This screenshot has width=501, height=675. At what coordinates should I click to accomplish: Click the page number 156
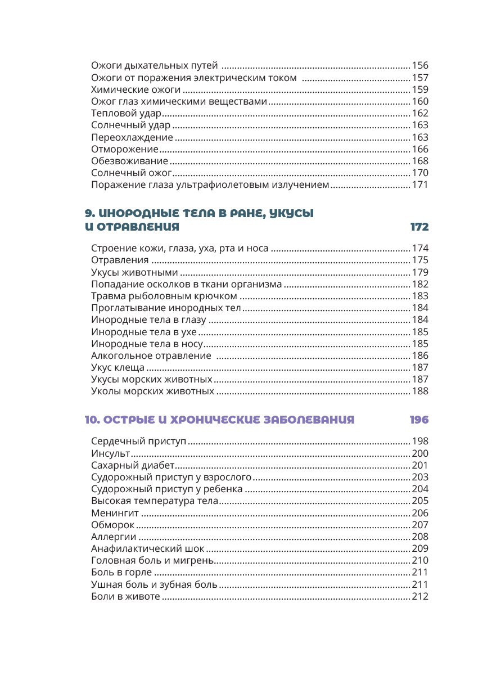point(420,66)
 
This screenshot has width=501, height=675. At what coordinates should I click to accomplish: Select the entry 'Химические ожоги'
point(136,90)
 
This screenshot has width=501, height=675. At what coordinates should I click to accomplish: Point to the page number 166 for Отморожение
point(420,150)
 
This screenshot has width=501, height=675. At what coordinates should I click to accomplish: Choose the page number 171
point(420,185)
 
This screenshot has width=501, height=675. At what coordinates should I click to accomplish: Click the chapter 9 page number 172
point(419,227)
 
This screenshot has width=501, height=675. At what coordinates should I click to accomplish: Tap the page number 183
point(420,296)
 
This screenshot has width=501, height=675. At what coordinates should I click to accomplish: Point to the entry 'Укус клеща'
point(118,368)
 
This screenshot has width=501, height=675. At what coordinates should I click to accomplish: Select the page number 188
point(420,391)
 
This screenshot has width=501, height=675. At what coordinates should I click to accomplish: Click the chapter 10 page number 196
point(419,420)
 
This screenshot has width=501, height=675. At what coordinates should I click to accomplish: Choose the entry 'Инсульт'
point(110,454)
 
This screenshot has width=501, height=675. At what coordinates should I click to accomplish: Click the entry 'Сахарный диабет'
point(133,466)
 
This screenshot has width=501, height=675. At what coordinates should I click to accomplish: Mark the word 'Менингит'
point(114,513)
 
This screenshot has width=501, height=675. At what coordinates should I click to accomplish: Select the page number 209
point(420,549)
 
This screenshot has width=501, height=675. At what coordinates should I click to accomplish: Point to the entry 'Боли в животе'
point(125,596)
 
